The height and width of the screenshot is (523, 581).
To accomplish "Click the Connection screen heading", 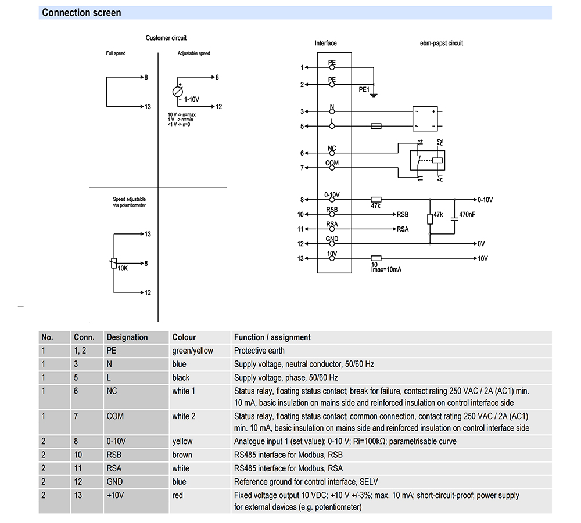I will (81, 13).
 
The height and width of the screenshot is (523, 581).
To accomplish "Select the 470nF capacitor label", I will (467, 214).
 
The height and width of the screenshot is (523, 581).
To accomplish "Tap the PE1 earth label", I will (364, 90).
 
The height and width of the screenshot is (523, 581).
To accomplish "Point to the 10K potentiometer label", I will (123, 269).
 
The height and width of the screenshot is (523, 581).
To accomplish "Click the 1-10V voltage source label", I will (192, 100).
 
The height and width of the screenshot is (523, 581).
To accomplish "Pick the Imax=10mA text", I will (387, 270).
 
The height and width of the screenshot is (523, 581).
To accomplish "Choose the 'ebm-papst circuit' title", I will (441, 43).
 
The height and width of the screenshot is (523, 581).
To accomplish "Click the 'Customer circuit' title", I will (166, 38).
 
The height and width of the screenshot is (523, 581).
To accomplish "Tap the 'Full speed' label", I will (116, 53).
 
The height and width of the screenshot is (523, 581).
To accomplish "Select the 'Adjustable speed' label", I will (194, 53).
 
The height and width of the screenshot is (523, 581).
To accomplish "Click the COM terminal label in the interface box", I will (332, 163).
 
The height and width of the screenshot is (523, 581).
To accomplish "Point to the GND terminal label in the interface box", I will (332, 239).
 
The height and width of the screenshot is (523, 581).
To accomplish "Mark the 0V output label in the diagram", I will (481, 244).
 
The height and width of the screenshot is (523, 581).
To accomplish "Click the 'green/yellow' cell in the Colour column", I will (192, 351).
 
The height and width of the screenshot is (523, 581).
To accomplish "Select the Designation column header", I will (127, 337).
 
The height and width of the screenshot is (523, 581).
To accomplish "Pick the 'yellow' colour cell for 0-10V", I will (182, 441).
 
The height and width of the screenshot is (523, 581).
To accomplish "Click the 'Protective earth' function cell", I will (259, 351).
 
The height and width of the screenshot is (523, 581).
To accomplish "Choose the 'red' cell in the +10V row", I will (178, 495).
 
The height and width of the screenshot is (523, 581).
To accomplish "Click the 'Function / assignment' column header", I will (272, 337).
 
